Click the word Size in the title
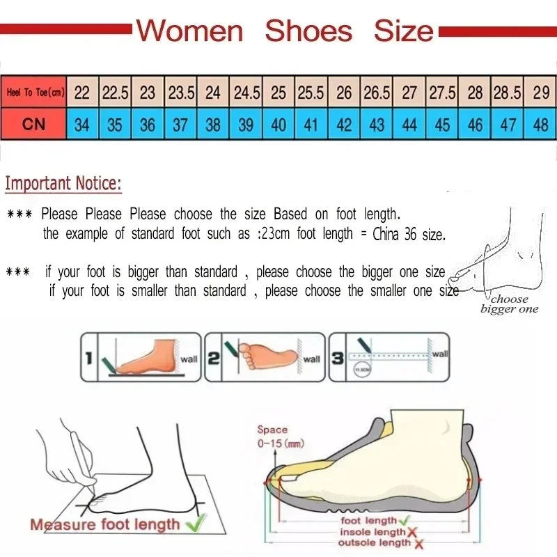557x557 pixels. point(404,31)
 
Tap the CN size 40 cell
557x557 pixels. point(278,125)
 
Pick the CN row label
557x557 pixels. point(33,125)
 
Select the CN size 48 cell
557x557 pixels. point(540,125)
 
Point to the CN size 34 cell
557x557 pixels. point(82,125)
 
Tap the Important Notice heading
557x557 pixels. point(63,184)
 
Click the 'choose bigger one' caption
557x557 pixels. point(509,304)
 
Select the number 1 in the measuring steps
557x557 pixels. point(88,359)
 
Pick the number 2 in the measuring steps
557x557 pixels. point(214,359)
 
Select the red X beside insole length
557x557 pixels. point(412,533)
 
